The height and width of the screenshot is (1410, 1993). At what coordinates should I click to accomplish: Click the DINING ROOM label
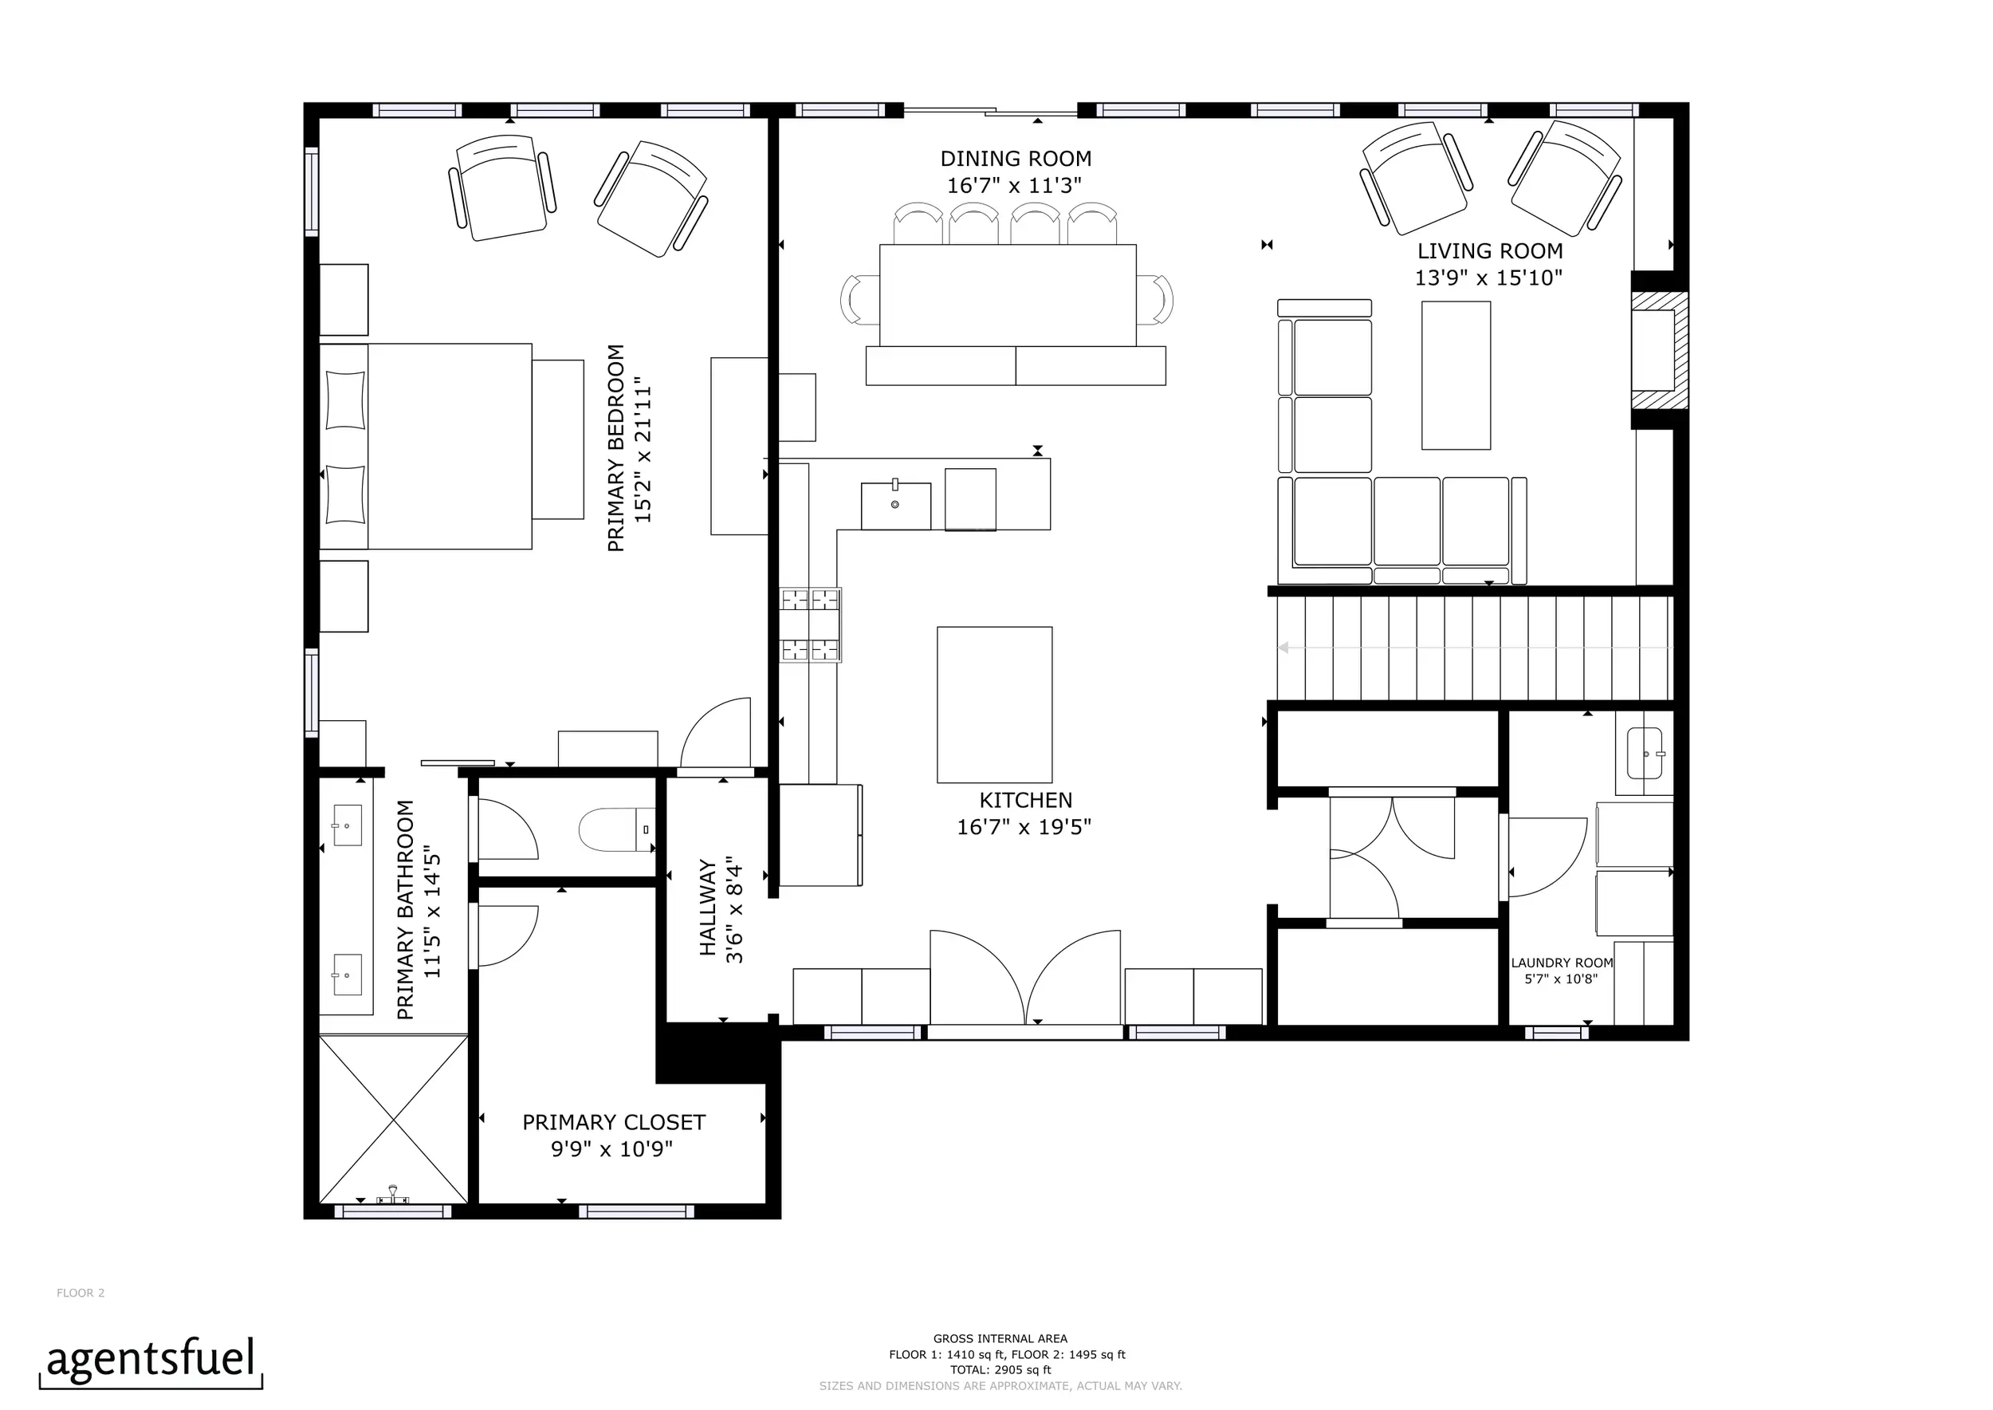coord(1016,159)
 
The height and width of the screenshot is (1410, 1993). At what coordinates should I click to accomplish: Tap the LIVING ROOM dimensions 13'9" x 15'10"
coord(1488,278)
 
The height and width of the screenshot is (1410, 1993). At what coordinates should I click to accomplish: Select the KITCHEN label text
coord(1026,800)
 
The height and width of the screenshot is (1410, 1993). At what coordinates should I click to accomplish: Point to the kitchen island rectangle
coord(995,704)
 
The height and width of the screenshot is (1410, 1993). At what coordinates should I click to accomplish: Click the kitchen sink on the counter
coord(896,506)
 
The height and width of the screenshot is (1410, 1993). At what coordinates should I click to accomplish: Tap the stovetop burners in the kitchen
coord(811,624)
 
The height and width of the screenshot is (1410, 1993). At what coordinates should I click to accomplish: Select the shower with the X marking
coord(394,1118)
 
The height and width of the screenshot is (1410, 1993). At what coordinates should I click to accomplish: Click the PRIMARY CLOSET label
coord(614,1122)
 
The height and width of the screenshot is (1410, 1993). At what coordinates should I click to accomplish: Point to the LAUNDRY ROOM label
coord(1562,962)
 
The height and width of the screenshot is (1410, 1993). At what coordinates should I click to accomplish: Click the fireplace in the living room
coord(1660,350)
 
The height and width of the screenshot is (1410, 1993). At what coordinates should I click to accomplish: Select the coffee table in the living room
coord(1456,375)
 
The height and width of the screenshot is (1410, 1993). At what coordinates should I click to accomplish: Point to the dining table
coord(1008,295)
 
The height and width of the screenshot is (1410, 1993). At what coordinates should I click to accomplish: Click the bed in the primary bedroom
coord(426,447)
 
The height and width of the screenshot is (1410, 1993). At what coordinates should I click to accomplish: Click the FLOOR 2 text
coord(81,1293)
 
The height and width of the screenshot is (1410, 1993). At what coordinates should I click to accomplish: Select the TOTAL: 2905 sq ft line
coord(1000,1370)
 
